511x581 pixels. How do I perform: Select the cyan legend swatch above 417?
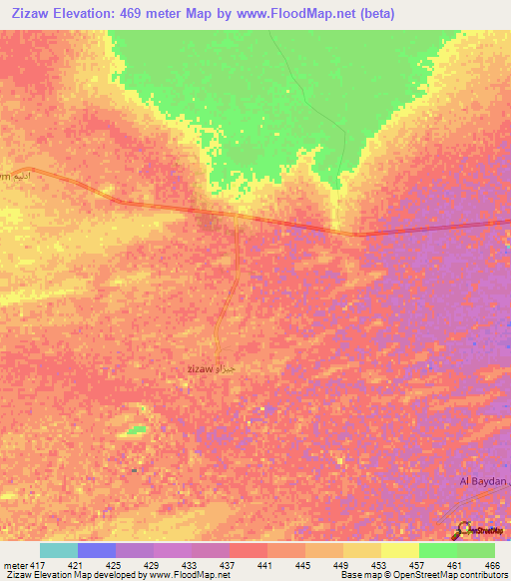click(x=59, y=550)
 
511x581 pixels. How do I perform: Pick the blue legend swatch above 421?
click(x=97, y=550)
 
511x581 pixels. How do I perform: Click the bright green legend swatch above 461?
click(x=438, y=550)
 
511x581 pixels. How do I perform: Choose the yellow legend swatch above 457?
click(x=400, y=550)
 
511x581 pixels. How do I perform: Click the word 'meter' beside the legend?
click(x=15, y=564)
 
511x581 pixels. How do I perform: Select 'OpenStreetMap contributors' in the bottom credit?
click(x=453, y=575)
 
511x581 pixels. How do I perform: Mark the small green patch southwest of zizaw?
click(x=134, y=430)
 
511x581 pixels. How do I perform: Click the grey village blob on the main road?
click(x=208, y=221)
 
